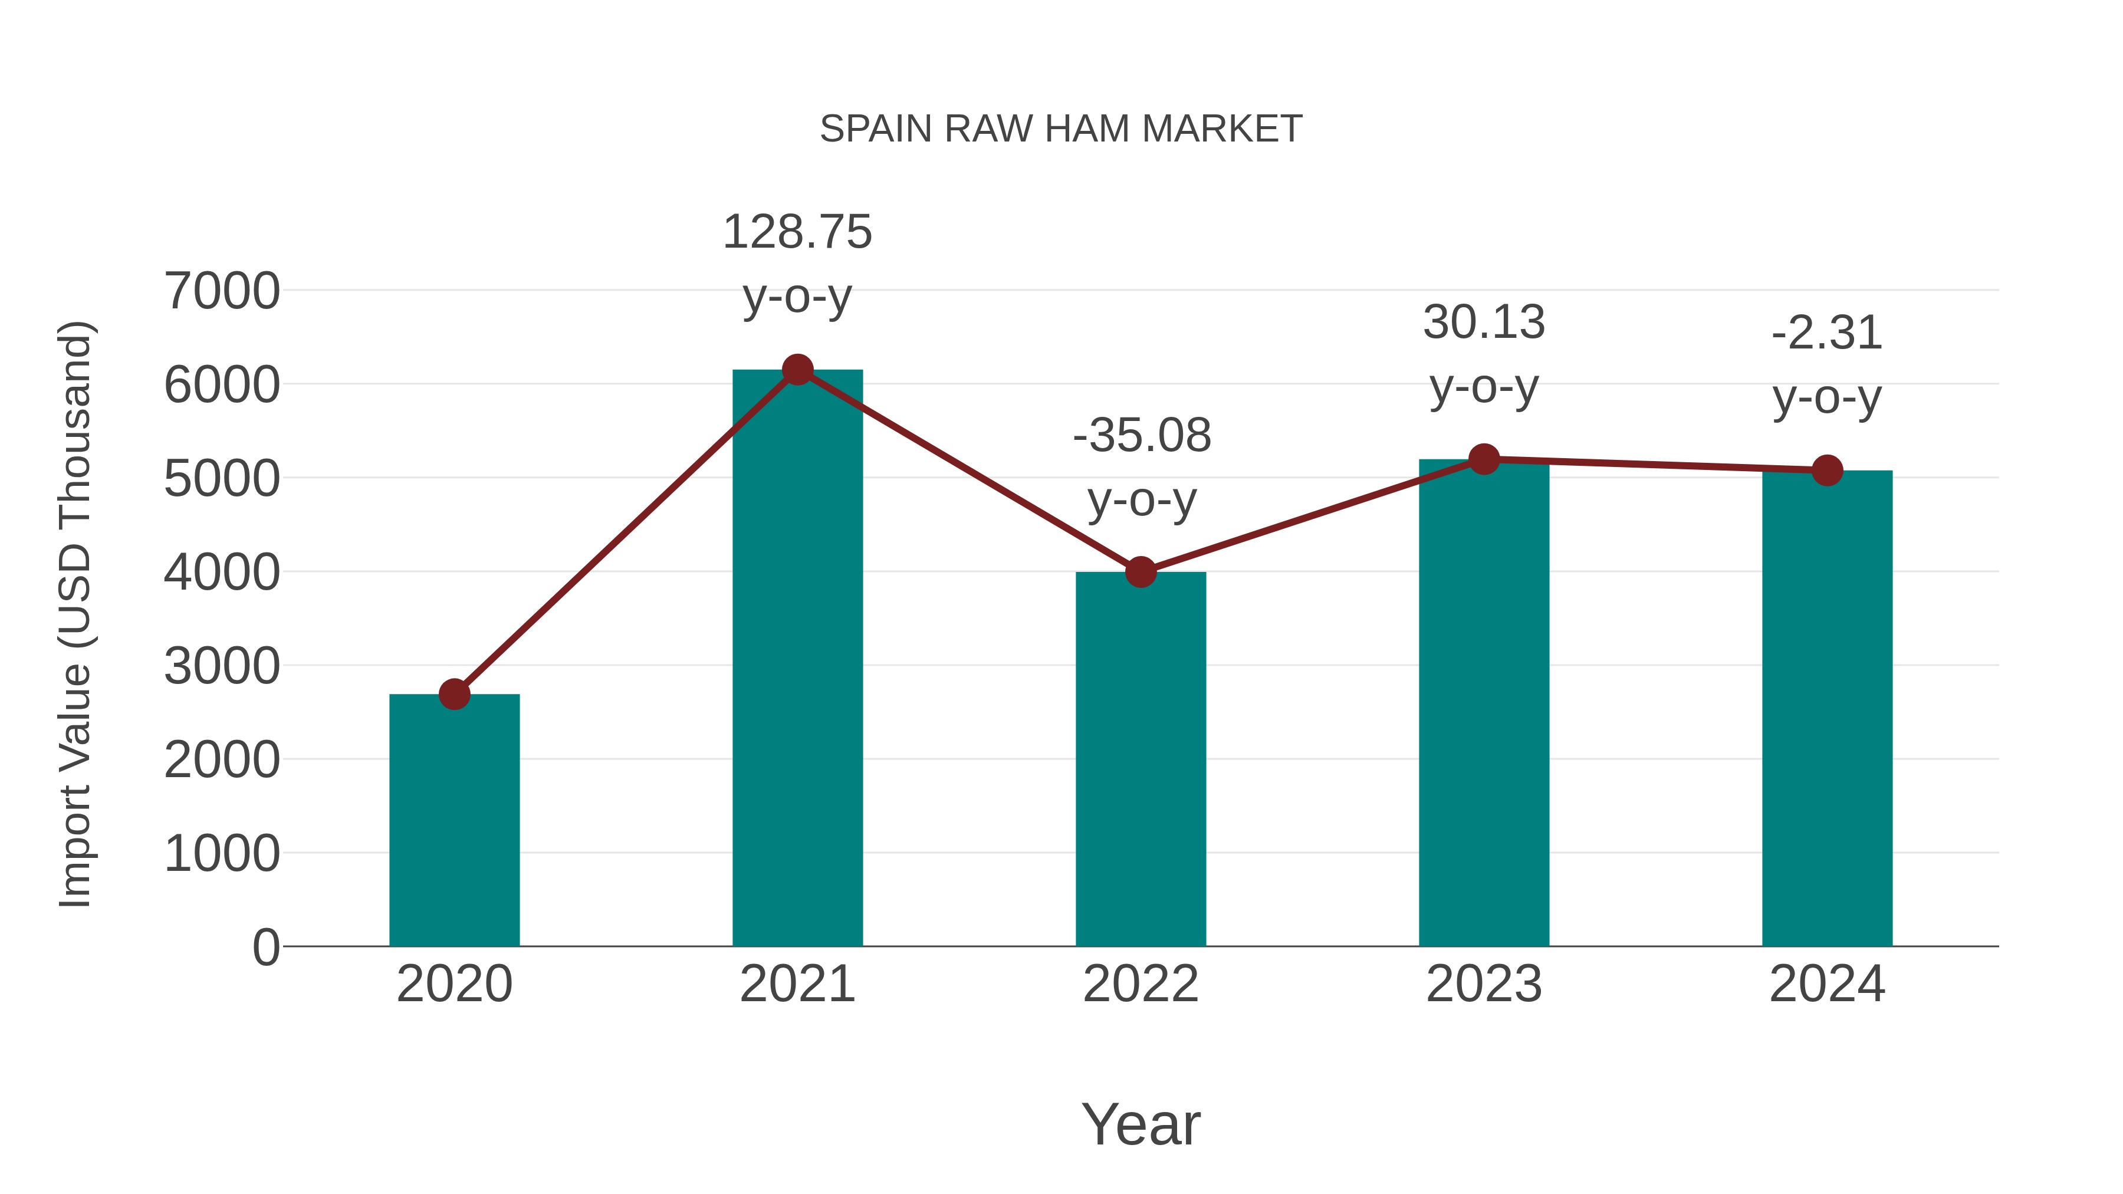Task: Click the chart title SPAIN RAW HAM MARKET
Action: (x=1061, y=129)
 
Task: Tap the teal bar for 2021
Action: (x=797, y=659)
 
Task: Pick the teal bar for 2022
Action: (x=1141, y=758)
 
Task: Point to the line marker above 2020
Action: (x=454, y=694)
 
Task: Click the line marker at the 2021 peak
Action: (x=797, y=370)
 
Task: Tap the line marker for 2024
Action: (x=1827, y=471)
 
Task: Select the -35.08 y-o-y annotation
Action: (x=1142, y=467)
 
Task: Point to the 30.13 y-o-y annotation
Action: (x=1484, y=354)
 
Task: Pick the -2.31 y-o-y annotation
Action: (x=1827, y=365)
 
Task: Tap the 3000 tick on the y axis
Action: (x=222, y=666)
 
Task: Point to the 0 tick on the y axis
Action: (x=265, y=947)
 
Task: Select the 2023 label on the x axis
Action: (x=1484, y=984)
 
